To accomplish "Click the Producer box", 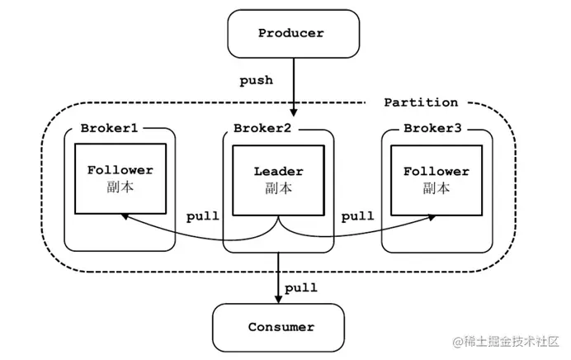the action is click(294, 34).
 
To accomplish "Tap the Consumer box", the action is click(279, 327).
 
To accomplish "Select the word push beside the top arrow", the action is click(256, 81).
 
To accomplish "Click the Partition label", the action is click(421, 102).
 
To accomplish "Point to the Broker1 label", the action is click(109, 128).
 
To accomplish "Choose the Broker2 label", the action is click(262, 128).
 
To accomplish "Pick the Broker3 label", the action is click(432, 128).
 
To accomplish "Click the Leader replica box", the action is click(279, 180).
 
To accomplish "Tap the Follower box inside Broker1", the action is click(120, 178).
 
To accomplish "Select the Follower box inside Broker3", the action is click(437, 180).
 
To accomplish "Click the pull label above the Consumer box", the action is click(301, 288).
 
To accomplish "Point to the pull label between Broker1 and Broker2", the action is click(203, 216).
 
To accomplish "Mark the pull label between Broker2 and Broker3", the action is click(357, 216).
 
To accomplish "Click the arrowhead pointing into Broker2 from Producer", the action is click(294, 112).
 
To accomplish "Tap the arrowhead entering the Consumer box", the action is click(279, 299).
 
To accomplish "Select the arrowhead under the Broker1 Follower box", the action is click(125, 216).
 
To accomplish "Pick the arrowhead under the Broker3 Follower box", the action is click(432, 217).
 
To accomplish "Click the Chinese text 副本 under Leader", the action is click(279, 188).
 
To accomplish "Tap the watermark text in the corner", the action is click(506, 341).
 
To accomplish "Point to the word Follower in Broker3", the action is click(437, 171).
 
